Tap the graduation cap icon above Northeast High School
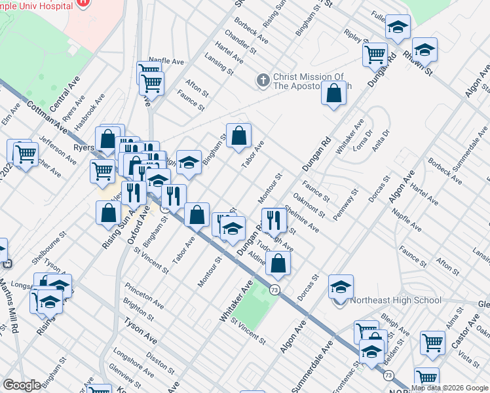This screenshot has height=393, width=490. point(341,287)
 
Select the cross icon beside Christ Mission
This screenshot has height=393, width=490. point(263,81)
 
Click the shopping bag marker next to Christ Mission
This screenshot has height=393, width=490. point(334,93)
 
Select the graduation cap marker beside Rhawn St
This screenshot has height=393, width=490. point(424,49)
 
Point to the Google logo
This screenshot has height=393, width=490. point(22,385)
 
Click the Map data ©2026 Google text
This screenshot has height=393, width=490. point(449,388)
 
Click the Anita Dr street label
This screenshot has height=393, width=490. point(381,141)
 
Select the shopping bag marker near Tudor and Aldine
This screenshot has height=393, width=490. point(278,263)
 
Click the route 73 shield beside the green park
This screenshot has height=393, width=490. point(276,290)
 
